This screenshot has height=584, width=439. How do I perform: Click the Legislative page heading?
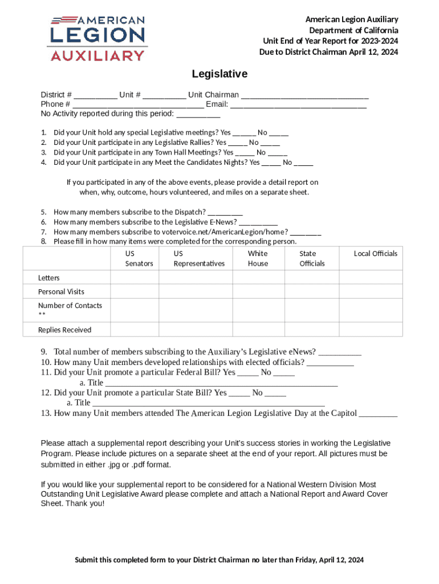point(219,74)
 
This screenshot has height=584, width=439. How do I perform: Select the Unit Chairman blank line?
point(304,95)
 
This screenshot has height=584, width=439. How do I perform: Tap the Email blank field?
point(298,105)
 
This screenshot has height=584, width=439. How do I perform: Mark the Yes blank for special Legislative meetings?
point(244,133)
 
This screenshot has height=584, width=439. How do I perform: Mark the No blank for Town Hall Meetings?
point(278,153)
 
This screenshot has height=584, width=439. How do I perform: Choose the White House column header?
point(258,258)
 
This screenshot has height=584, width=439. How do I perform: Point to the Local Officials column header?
point(375,254)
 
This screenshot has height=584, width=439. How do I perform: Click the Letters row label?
point(49,278)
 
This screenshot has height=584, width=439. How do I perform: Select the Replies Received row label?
point(64,330)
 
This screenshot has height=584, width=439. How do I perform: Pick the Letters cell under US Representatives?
point(199,278)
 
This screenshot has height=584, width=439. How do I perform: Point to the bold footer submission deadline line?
point(219,559)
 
